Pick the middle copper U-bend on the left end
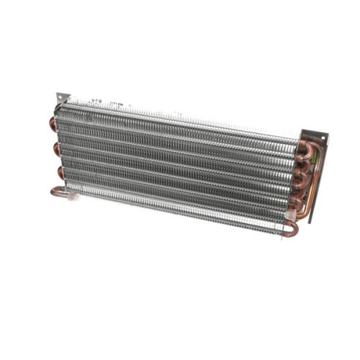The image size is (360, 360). [55, 148]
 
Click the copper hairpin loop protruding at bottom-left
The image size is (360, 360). [58, 192]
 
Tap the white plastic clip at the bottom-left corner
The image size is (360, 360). [71, 194]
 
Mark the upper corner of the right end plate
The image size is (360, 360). [325, 135]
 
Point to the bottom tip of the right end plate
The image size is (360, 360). [310, 220]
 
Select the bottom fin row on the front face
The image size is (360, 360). [173, 209]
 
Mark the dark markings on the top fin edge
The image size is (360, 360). [97, 103]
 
